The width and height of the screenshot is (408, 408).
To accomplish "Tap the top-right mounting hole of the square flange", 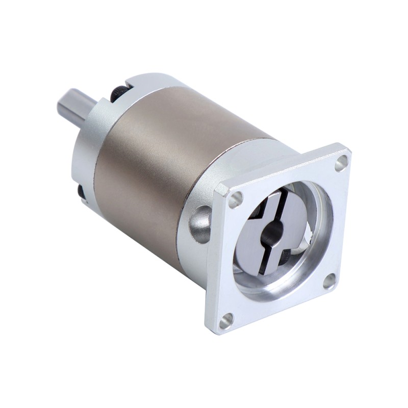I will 341,163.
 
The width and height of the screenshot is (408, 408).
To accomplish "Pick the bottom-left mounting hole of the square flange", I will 226,320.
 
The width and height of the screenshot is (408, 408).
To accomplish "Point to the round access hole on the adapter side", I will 199,224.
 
